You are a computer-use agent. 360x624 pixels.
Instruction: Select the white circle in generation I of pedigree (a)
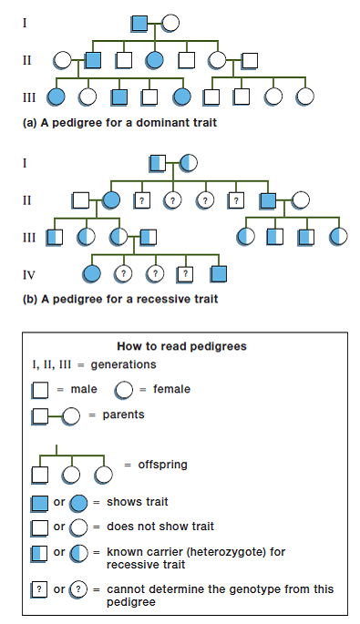tap(170, 23)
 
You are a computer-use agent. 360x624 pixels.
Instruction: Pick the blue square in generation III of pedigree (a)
tap(119, 95)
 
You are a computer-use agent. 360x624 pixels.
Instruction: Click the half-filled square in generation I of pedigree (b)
tap(156, 163)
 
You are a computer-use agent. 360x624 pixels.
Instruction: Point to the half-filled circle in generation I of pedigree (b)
tap(188, 163)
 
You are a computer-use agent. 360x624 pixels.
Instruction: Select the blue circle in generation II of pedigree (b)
tap(111, 199)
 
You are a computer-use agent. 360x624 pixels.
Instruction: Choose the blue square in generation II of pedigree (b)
tap(268, 199)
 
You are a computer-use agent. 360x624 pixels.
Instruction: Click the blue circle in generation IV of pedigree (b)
tap(91, 271)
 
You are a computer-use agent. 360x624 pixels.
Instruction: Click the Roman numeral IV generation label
tap(28, 272)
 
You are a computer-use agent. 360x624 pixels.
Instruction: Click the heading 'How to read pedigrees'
tap(181, 346)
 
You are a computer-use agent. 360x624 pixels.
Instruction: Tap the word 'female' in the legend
tap(172, 389)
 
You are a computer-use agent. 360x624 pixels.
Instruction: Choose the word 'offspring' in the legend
tap(161, 464)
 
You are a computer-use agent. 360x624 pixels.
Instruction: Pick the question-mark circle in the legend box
tap(78, 588)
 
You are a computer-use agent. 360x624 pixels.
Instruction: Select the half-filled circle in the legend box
tap(78, 552)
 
